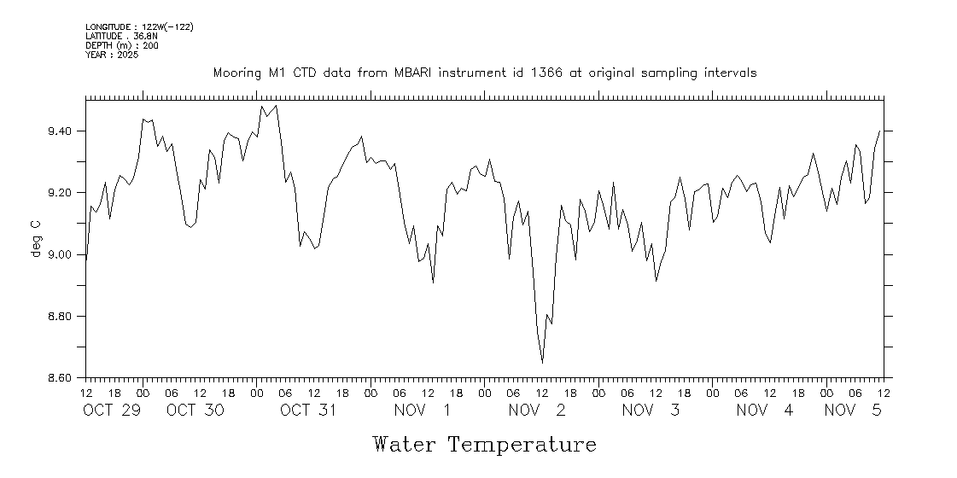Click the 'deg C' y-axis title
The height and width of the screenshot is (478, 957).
click(36, 239)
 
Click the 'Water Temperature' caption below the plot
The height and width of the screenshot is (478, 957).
click(484, 445)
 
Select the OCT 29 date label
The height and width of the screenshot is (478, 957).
click(111, 411)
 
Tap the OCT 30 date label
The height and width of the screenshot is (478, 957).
click(195, 411)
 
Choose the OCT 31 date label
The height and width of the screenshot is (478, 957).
click(309, 411)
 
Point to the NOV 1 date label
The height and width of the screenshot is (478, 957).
click(423, 411)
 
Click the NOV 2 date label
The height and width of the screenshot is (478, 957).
click(537, 411)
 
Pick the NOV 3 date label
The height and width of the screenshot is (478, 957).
click(651, 411)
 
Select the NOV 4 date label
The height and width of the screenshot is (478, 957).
click(765, 411)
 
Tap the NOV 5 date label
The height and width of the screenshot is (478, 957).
click(852, 411)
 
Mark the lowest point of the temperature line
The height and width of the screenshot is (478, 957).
click(542, 363)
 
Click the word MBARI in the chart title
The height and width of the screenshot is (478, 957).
click(415, 73)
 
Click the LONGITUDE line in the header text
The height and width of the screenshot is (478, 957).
click(139, 27)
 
